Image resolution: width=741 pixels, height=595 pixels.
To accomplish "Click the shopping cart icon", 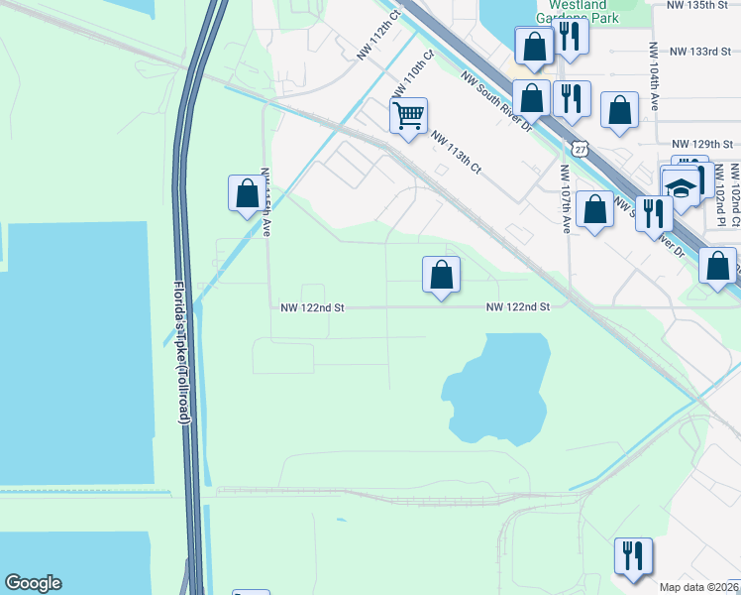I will [408, 117].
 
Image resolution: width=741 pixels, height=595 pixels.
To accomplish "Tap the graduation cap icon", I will [681, 187].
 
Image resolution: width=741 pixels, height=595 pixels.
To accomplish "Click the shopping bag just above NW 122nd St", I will [442, 275].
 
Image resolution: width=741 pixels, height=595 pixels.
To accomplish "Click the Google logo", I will [33, 583].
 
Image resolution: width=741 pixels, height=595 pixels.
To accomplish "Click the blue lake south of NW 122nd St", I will [500, 387].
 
